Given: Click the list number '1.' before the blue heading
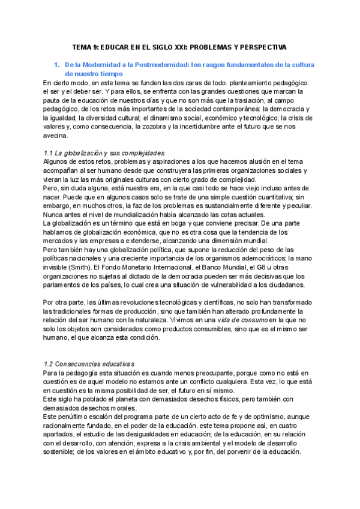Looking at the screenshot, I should point(57,64).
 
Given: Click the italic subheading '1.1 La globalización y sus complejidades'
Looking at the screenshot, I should point(105,152).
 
